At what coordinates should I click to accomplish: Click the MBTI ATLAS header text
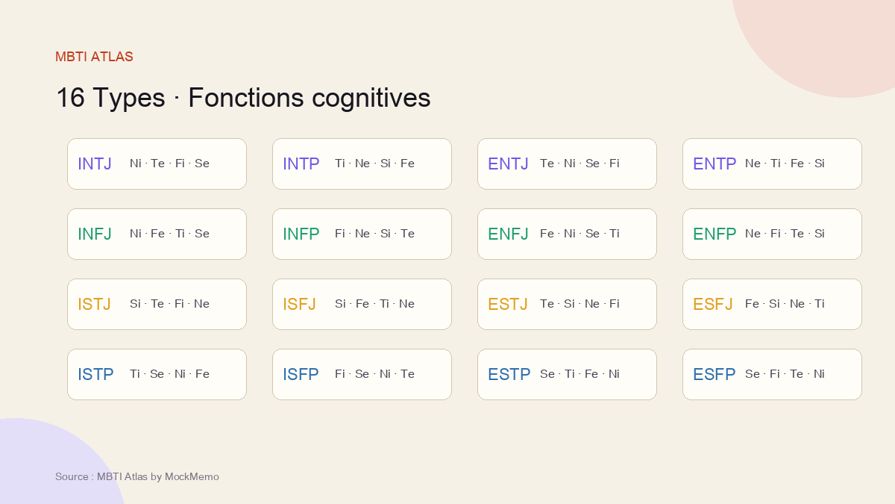pos(94,57)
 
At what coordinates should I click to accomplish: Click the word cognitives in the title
pos(371,98)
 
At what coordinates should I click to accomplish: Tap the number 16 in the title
pos(70,97)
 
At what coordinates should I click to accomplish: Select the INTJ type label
pos(95,164)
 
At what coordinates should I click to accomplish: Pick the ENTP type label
pos(715,164)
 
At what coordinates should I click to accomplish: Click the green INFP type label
pos(301,234)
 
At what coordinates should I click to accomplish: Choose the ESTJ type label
pos(508,304)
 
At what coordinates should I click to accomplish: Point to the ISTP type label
pos(95,374)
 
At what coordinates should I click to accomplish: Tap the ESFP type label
pos(714,374)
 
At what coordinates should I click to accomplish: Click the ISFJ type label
pos(299,304)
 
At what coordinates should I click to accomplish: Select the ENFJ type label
pos(508,234)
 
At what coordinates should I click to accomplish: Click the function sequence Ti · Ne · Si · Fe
pos(374,164)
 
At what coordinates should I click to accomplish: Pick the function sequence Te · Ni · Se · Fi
pos(580,164)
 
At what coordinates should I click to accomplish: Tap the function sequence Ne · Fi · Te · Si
pos(785,233)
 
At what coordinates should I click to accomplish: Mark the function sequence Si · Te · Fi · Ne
pos(169,304)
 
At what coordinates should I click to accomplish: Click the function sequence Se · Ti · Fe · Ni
pos(580,373)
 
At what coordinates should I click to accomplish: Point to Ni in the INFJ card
pos(136,233)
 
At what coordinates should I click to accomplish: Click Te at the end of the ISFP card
pos(407,373)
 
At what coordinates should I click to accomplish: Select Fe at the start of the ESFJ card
pos(752,304)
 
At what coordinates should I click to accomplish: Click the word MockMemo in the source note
pos(192,477)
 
